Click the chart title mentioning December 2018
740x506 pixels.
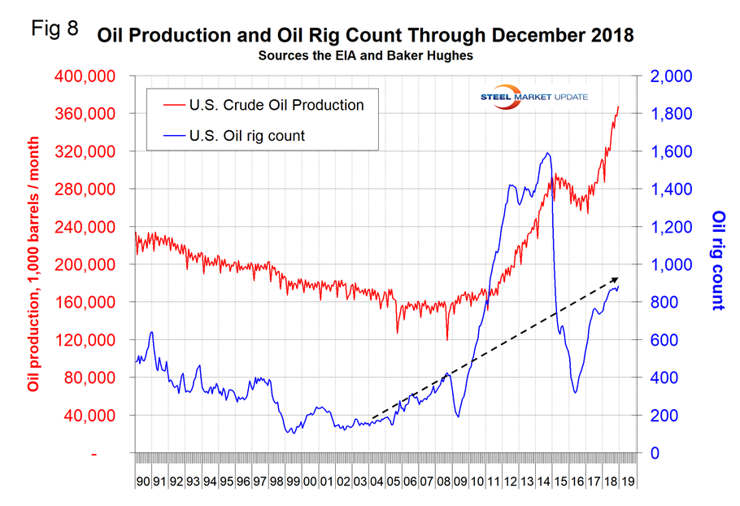point(365,36)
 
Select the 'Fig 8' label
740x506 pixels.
point(54,30)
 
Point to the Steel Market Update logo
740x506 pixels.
point(533,97)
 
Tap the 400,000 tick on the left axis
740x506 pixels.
point(91,76)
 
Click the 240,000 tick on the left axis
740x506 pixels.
point(91,227)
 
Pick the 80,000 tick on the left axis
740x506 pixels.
point(95,377)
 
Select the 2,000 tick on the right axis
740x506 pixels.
point(671,76)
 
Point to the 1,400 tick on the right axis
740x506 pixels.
point(671,190)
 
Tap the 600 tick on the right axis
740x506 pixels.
point(665,340)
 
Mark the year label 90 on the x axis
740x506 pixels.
point(143,482)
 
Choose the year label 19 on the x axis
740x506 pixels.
point(628,482)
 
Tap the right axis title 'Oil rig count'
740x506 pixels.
point(717,260)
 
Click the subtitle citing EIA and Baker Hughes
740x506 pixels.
point(365,56)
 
